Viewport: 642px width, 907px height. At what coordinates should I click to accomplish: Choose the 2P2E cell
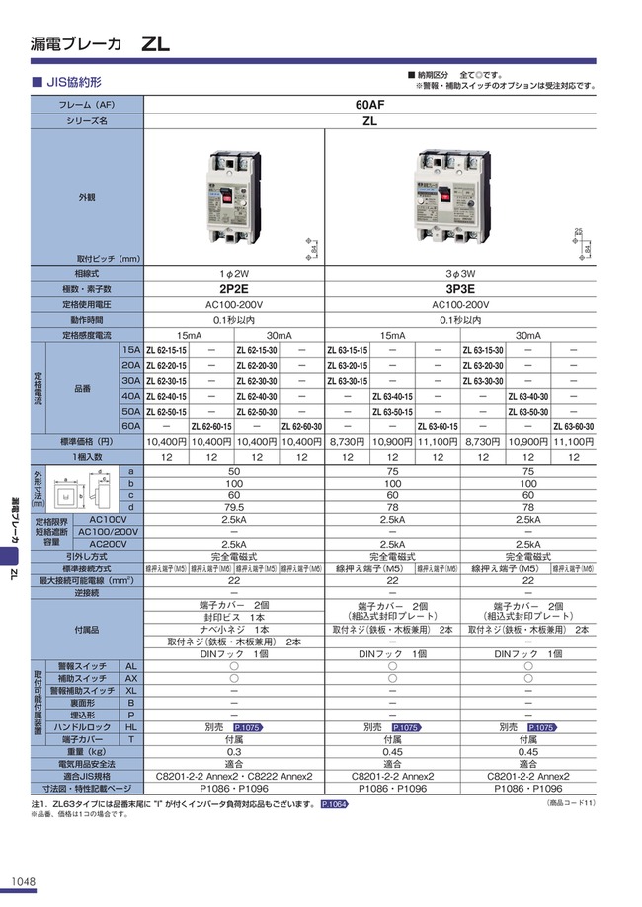pyautogui.click(x=234, y=289)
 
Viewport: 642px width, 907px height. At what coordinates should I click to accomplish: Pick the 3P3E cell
pyautogui.click(x=460, y=289)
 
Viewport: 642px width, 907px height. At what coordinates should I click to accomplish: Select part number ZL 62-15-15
pyautogui.click(x=166, y=350)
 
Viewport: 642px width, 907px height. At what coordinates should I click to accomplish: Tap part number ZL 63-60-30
pyautogui.click(x=574, y=425)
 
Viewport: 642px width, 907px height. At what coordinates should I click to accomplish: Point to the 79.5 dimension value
pyautogui.click(x=234, y=507)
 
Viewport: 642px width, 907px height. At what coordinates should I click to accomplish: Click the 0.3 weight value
pyautogui.click(x=234, y=750)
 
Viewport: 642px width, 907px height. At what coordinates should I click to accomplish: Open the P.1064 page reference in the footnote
pyautogui.click(x=335, y=805)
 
